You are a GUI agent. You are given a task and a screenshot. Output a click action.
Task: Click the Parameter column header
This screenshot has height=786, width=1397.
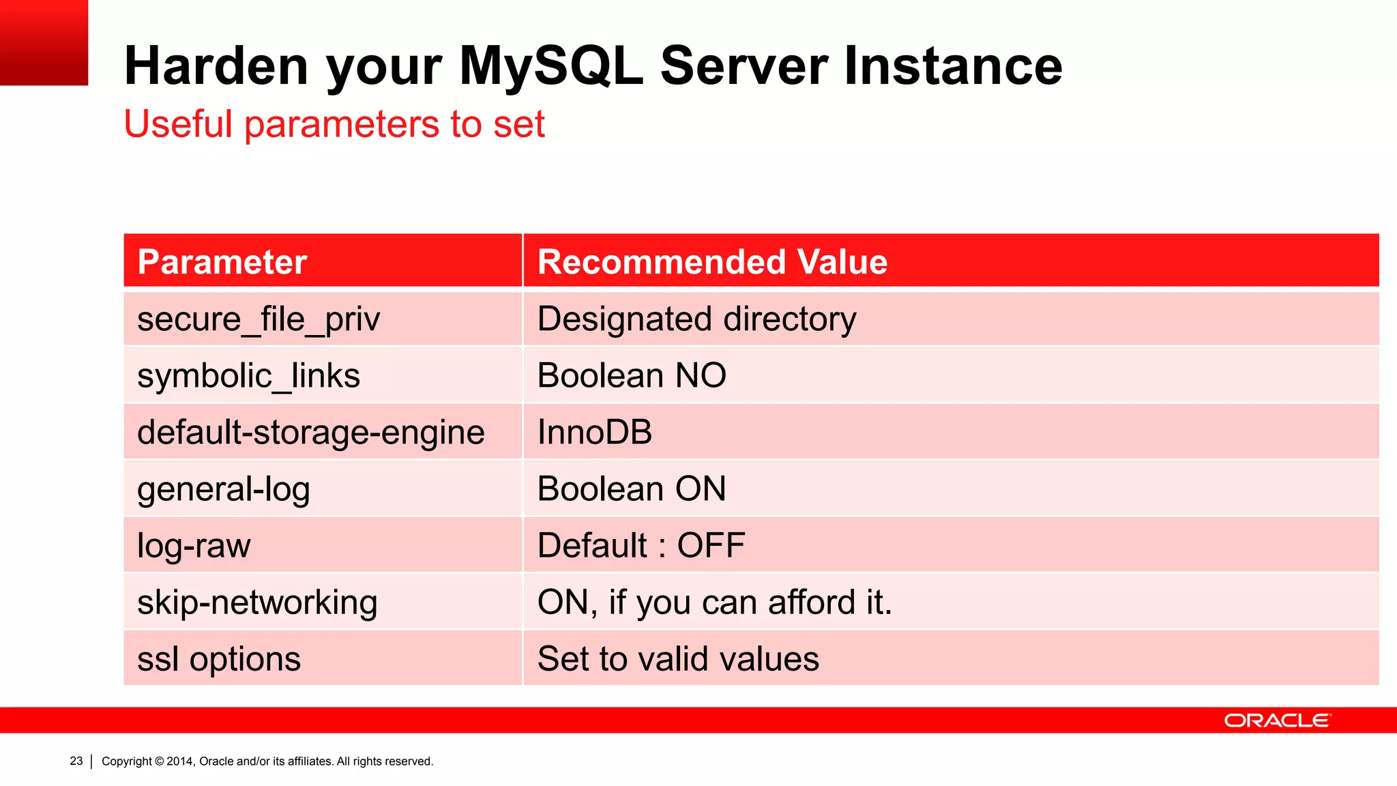pyautogui.click(x=222, y=262)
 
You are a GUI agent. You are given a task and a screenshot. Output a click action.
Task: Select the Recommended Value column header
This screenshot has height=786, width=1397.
pyautogui.click(x=712, y=262)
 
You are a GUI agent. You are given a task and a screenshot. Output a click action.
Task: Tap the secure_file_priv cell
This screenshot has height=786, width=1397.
pyautogui.click(x=259, y=319)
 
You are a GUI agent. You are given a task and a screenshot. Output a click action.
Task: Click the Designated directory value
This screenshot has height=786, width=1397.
pyautogui.click(x=696, y=319)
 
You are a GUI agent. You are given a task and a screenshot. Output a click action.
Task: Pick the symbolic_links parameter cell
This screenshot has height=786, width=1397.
pyautogui.click(x=248, y=376)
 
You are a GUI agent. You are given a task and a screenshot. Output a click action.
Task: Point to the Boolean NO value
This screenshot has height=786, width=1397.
pyautogui.click(x=632, y=376)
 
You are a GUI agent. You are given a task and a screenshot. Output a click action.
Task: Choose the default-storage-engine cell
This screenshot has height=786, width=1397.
pyautogui.click(x=311, y=433)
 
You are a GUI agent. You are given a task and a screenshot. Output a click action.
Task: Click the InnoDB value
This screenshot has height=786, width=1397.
pyautogui.click(x=595, y=433)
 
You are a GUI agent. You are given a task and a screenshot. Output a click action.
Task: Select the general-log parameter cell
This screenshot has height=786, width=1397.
pyautogui.click(x=224, y=489)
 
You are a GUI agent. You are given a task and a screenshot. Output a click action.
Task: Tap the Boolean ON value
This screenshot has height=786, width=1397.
pyautogui.click(x=632, y=489)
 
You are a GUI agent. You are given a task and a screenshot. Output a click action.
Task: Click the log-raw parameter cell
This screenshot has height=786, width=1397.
pyautogui.click(x=194, y=546)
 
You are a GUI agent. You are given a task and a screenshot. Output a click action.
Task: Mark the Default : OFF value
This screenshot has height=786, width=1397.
pyautogui.click(x=641, y=546)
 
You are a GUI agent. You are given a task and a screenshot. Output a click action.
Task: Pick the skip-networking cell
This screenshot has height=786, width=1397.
pyautogui.click(x=257, y=602)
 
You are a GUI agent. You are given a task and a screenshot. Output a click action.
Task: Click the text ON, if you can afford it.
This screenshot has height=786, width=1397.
pyautogui.click(x=715, y=602)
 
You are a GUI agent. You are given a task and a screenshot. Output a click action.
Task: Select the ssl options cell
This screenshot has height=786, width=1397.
pyautogui.click(x=219, y=659)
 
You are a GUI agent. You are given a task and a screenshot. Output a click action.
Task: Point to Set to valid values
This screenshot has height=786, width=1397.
pyautogui.click(x=678, y=659)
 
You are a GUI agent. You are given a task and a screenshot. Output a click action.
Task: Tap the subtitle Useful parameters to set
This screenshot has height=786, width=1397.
pyautogui.click(x=334, y=124)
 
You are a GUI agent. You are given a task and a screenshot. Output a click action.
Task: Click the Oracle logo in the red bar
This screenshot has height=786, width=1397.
pyautogui.click(x=1277, y=720)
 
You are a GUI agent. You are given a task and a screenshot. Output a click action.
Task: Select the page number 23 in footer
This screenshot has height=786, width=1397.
pyautogui.click(x=76, y=761)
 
